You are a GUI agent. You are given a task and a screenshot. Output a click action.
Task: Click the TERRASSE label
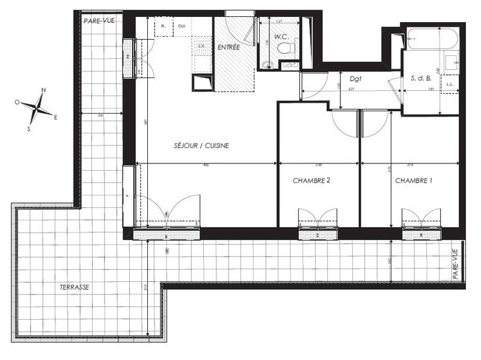coord(75,287)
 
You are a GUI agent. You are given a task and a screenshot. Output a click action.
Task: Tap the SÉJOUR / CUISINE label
coord(201,145)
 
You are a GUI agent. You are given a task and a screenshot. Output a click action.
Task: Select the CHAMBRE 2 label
coord(311,180)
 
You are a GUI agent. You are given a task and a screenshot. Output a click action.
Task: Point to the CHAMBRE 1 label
coord(414,180)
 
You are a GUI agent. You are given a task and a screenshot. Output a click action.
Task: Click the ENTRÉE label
coord(228,47)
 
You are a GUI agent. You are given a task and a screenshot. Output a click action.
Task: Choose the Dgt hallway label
coord(355,78)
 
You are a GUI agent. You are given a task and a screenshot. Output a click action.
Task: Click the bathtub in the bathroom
coord(431,38)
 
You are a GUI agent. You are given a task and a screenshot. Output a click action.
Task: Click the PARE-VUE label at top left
coord(99,20)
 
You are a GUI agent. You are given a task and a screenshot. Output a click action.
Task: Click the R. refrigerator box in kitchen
coord(163,26)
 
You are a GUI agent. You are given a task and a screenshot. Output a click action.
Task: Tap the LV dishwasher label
coord(201,46)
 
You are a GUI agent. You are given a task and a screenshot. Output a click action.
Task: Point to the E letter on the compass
coord(56,117)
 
